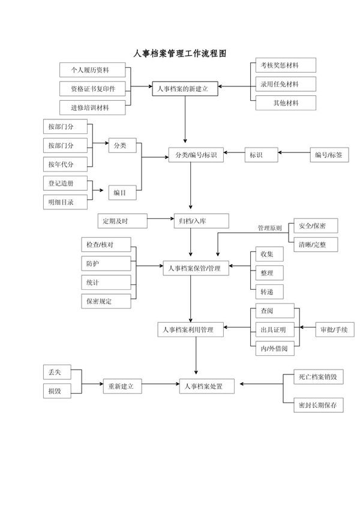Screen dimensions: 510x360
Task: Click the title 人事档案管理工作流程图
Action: (x=179, y=54)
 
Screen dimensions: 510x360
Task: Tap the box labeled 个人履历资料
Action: (x=92, y=70)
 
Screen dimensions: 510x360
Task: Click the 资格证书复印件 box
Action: (x=92, y=89)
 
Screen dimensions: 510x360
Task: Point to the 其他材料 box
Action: (x=284, y=103)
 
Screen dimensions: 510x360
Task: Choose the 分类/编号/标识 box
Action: (x=196, y=155)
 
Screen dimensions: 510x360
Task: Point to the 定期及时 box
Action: (x=121, y=221)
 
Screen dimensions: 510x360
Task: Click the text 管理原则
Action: (x=270, y=228)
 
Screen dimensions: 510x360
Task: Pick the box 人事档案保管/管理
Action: (x=196, y=269)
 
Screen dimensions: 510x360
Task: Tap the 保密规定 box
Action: (x=106, y=301)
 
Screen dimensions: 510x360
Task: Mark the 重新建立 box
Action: (x=122, y=386)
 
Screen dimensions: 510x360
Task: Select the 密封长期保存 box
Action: (x=317, y=405)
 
